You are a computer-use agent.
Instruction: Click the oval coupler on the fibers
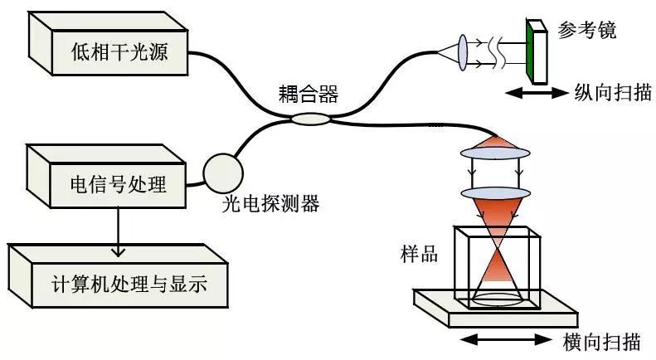[x=310, y=120]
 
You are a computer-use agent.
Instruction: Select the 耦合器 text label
[x=309, y=94]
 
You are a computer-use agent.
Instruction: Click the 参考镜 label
[x=587, y=31]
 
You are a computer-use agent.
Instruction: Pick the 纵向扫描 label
[x=609, y=92]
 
